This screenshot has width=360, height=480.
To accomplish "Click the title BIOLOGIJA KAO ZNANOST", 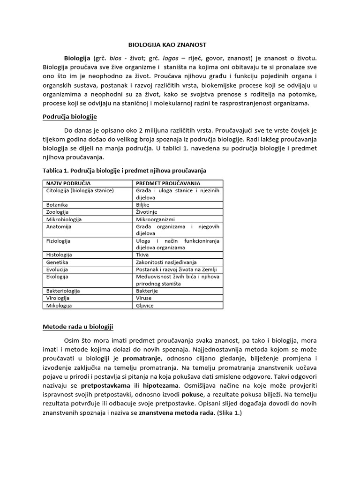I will click(x=167, y=45).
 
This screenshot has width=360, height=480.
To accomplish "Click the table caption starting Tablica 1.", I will click(x=124, y=170).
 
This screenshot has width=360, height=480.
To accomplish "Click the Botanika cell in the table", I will click(x=57, y=205).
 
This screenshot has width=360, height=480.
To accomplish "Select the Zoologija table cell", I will click(x=58, y=212).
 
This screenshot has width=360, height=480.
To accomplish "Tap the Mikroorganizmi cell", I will click(x=155, y=219).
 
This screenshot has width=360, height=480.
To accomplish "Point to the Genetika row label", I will click(x=57, y=262).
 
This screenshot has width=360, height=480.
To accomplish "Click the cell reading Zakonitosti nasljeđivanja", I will click(x=166, y=262).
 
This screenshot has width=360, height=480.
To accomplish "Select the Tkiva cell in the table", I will click(x=142, y=255).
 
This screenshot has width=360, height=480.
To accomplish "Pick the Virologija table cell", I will click(x=59, y=298).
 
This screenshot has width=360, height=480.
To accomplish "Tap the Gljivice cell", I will click(x=145, y=305).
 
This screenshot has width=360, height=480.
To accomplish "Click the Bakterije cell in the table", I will click(x=147, y=291).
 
